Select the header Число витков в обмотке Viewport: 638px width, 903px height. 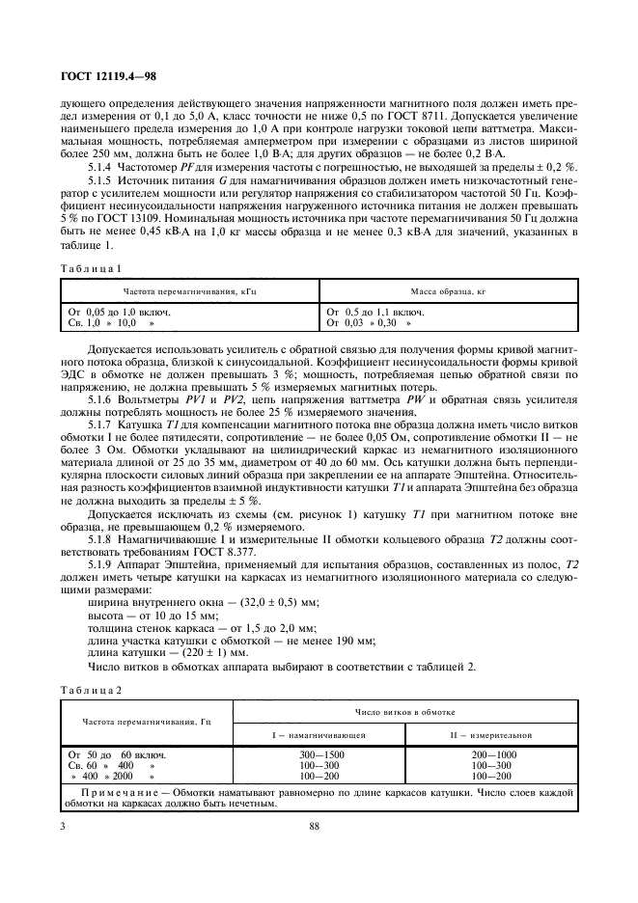(x=405, y=711)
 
